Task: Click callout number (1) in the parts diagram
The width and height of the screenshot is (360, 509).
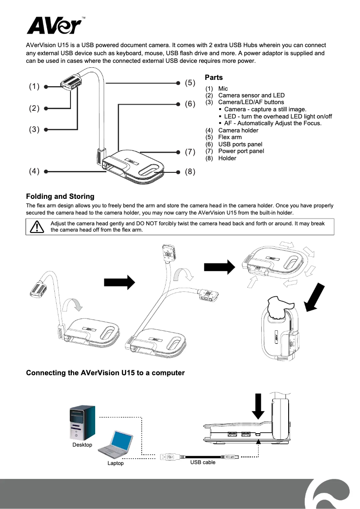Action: click(35, 87)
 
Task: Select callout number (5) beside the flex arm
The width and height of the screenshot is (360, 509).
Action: click(190, 83)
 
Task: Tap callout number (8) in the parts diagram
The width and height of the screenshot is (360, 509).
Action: click(190, 171)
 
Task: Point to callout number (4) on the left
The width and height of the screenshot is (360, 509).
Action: click(35, 171)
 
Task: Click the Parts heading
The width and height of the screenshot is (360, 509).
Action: click(214, 78)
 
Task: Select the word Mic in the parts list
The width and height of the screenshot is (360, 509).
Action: click(223, 89)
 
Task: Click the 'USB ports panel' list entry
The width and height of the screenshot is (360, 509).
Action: click(240, 144)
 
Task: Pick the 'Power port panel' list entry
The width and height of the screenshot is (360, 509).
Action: click(241, 151)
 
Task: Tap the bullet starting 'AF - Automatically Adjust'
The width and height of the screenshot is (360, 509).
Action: click(272, 123)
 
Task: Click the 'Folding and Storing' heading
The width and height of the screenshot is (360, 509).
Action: click(60, 196)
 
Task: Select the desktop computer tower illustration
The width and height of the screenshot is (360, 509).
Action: click(83, 423)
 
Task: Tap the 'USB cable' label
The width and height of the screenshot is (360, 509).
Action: click(202, 462)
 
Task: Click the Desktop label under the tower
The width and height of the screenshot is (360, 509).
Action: click(82, 445)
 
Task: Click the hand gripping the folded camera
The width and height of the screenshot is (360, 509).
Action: click(278, 310)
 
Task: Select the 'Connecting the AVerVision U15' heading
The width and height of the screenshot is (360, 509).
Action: click(105, 373)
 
